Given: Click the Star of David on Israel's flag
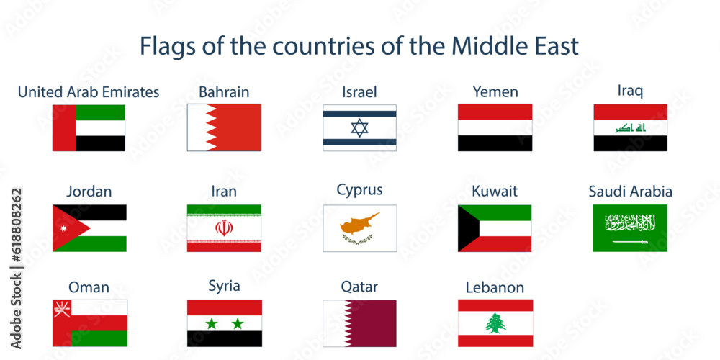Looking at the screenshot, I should point(359,128).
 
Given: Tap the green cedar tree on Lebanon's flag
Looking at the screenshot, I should point(495,323).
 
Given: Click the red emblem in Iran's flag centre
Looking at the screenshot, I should point(224,228).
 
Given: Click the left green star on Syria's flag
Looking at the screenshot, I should point(211,323).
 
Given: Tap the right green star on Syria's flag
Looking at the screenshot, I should point(237,323).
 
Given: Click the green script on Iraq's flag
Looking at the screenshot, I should point(630,128).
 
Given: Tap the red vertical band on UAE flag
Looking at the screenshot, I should point(63,128).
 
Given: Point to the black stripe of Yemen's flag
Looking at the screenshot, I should point(495,143).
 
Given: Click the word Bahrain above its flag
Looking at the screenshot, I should point(224,92).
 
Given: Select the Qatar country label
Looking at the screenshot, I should point(359,287).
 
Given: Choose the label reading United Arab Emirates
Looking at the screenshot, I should point(89,92).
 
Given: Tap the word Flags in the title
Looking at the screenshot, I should point(164,47).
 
